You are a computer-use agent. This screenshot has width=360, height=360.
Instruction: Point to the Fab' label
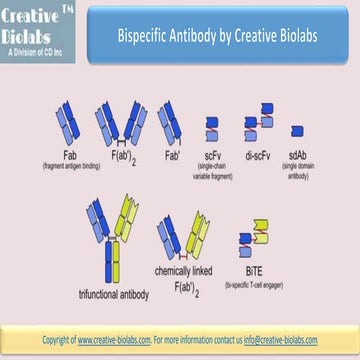pyautogui.click(x=172, y=153)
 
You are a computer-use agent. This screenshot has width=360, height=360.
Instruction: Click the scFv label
pyautogui.click(x=213, y=154)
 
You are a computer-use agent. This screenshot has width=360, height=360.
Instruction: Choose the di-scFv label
pyautogui.click(x=258, y=154)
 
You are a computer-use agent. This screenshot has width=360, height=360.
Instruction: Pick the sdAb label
pyautogui.click(x=298, y=154)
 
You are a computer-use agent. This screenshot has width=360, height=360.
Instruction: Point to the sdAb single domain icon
pyautogui.click(x=298, y=130)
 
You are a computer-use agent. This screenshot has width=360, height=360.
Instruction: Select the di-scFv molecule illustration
pyautogui.click(x=257, y=129)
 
